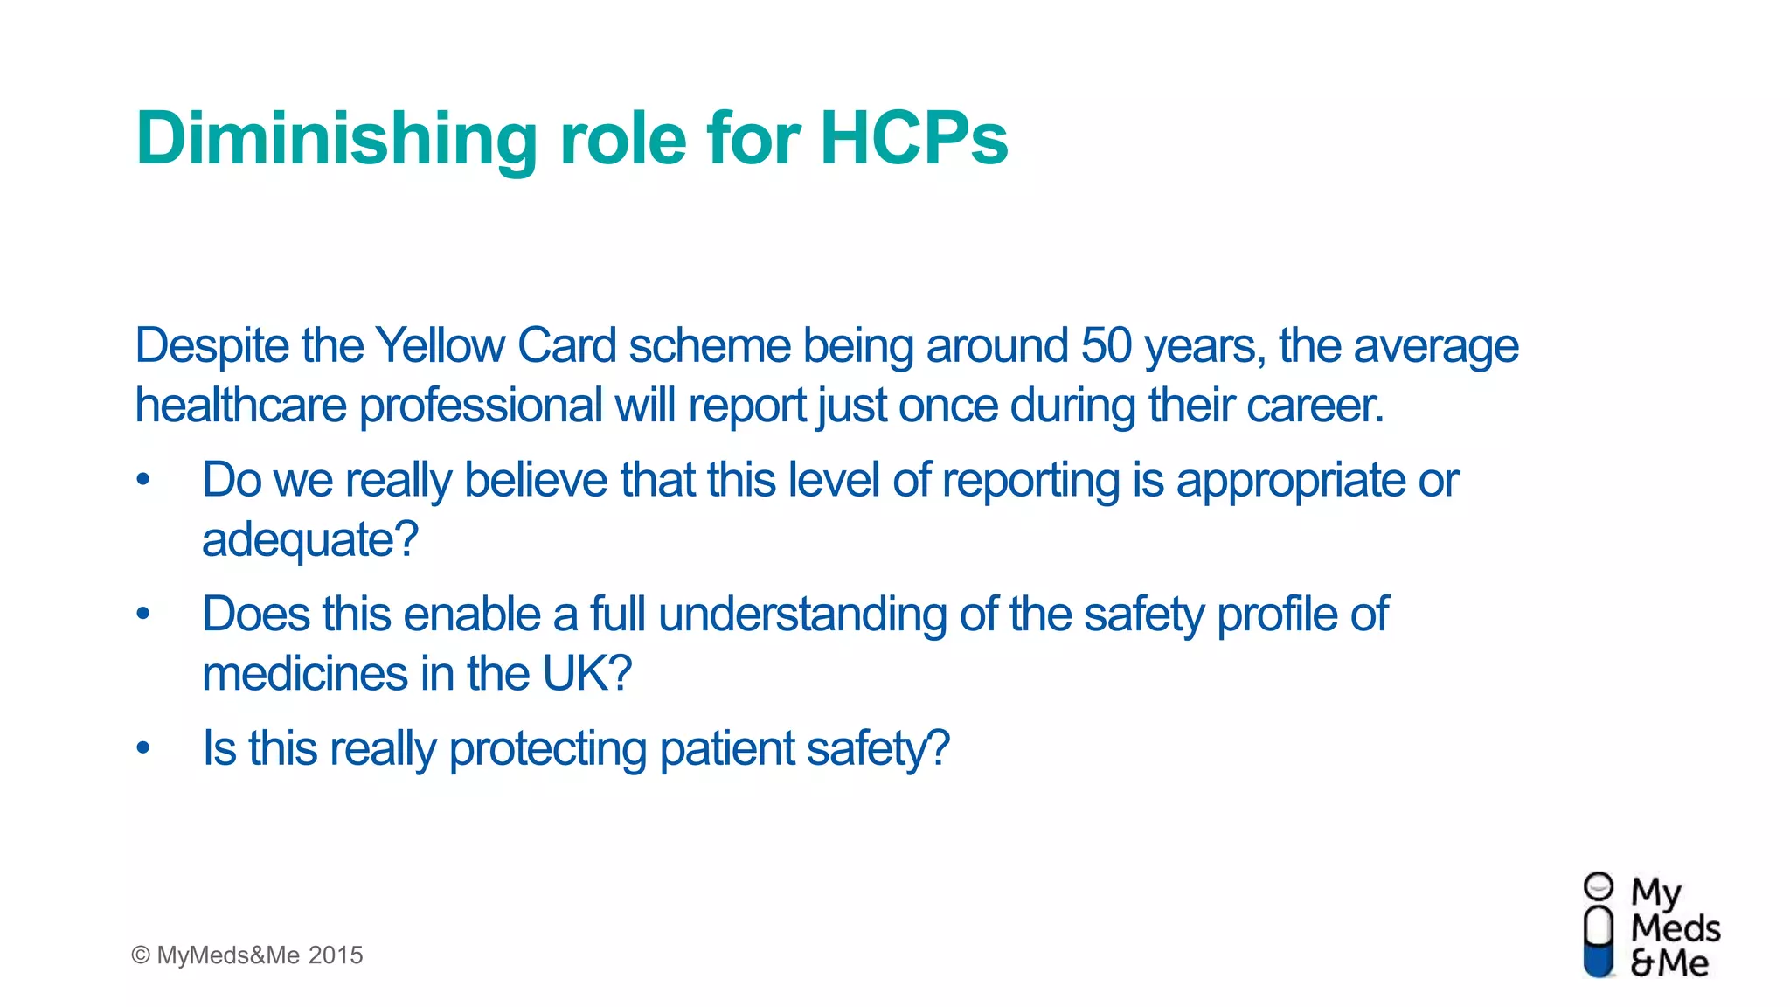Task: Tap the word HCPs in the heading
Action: point(913,138)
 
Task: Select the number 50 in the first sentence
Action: point(1106,346)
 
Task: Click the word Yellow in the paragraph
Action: point(441,346)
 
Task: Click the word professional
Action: point(480,406)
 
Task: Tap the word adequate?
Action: point(310,540)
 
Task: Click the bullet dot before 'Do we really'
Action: point(143,480)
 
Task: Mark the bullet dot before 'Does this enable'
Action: point(143,614)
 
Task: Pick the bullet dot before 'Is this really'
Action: point(143,748)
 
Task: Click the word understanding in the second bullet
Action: point(802,615)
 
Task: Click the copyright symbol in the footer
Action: point(140,955)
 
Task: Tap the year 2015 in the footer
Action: point(336,955)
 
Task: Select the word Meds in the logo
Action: point(1675,928)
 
